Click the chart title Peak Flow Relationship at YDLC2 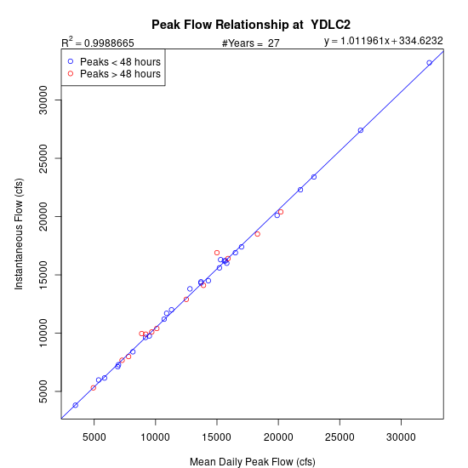pos(251,25)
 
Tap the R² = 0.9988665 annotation pos(98,42)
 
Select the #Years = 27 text pos(251,43)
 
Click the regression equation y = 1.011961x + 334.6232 pos(384,41)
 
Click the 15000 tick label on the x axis pos(217,437)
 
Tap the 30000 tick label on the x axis pos(401,437)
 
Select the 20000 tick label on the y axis pos(43,216)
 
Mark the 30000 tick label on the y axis pos(43,100)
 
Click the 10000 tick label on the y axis pos(43,333)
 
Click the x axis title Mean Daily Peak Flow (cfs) pos(253,462)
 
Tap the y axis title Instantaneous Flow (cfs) pos(19,234)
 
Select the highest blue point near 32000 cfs pos(429,63)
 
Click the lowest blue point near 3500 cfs pos(76,405)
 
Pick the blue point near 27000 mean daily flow pos(361,130)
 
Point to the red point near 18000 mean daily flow pos(258,234)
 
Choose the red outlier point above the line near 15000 pos(217,253)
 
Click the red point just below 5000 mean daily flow pos(94,388)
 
